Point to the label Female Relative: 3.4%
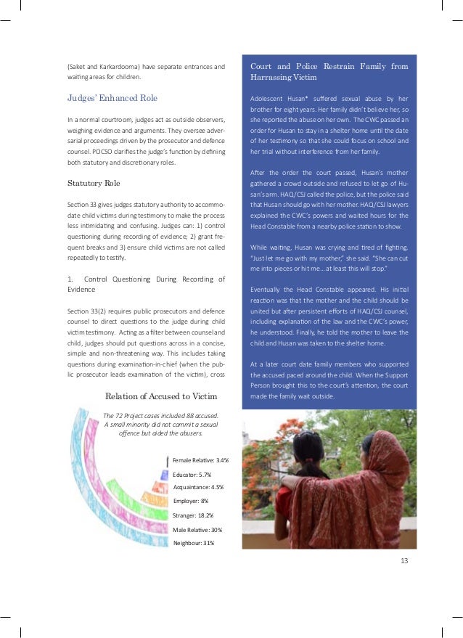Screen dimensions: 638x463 tap(200, 460)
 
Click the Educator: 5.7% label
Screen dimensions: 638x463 tap(192, 474)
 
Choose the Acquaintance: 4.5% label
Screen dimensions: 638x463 tap(197, 488)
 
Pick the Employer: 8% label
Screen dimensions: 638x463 tap(191, 501)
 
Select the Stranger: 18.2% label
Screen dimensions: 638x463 tap(193, 515)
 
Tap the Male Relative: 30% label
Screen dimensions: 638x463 tap(197, 529)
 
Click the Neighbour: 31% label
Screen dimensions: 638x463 tap(194, 543)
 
